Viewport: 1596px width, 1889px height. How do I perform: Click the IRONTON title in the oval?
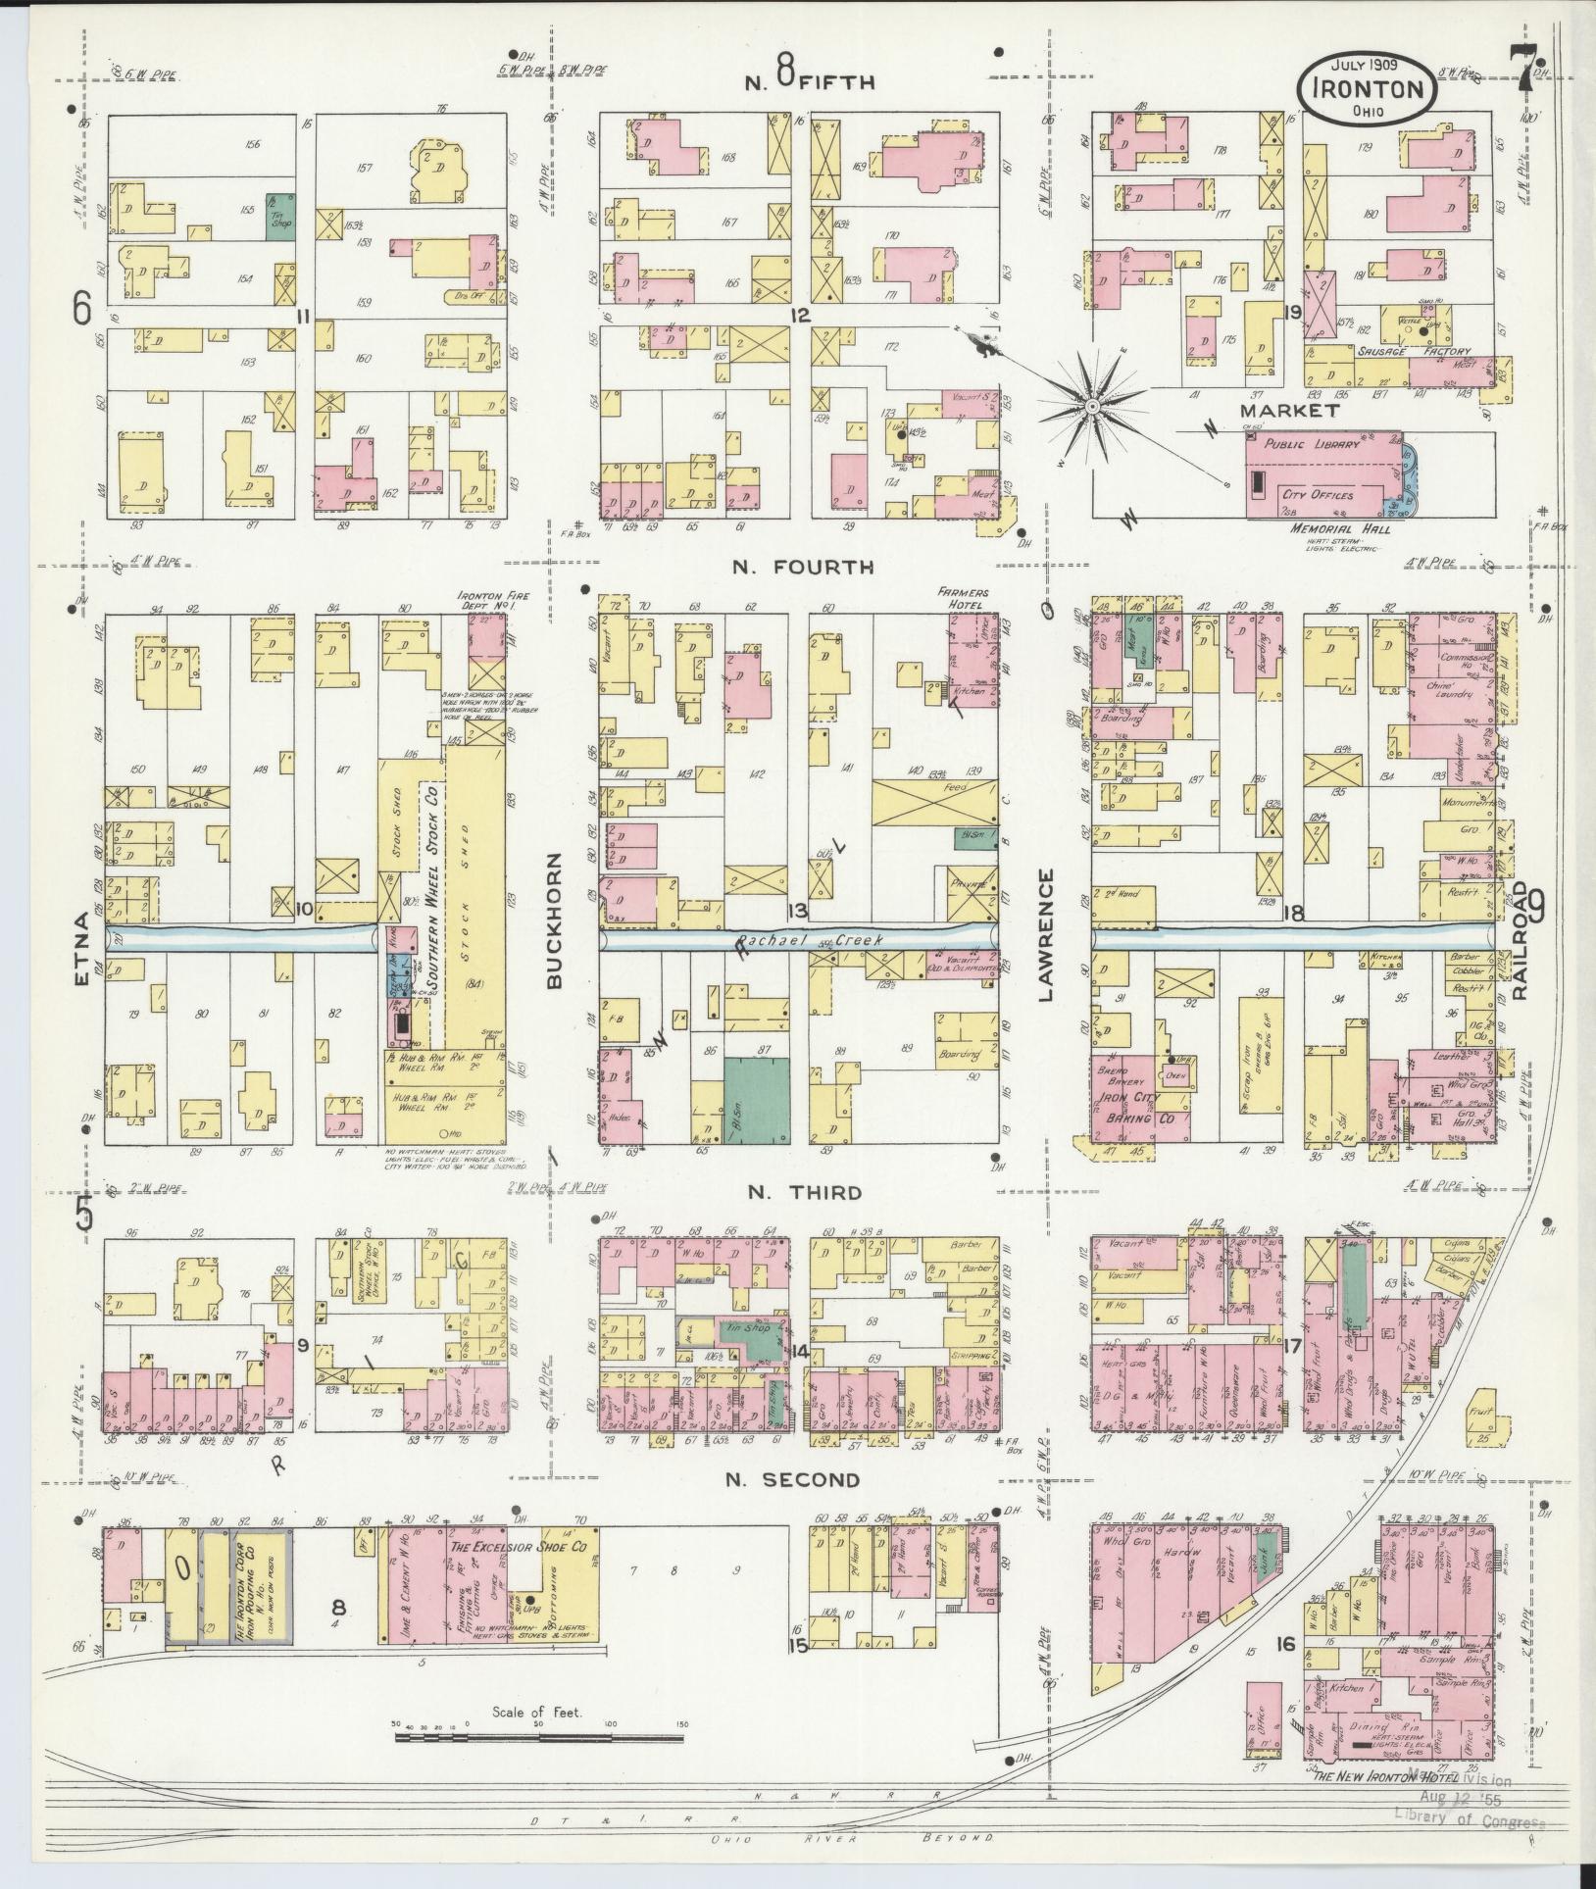(1369, 89)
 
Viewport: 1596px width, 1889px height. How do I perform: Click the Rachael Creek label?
(811, 940)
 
